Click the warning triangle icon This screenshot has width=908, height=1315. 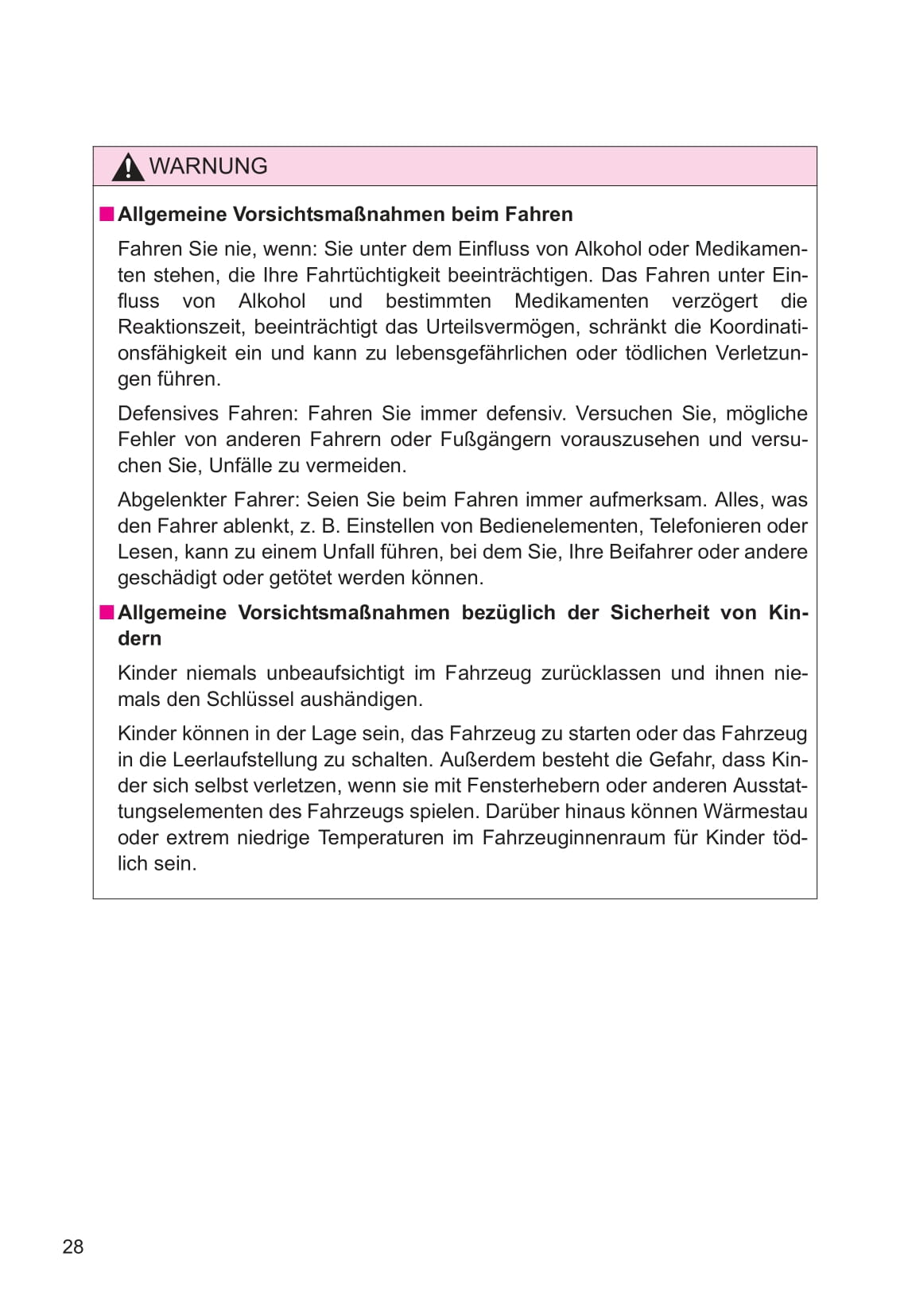tap(127, 167)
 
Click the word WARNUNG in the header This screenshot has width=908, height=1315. tap(208, 166)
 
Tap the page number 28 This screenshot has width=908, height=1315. tap(73, 1247)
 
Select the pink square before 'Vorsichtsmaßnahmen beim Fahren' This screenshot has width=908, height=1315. tap(107, 214)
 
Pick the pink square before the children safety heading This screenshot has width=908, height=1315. tap(107, 612)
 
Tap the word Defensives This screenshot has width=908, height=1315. tap(169, 413)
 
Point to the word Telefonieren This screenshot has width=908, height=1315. tap(710, 526)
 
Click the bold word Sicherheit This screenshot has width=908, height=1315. tap(659, 613)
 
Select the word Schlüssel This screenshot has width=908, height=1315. tap(250, 700)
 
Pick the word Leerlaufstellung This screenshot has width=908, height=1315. tap(254, 760)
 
